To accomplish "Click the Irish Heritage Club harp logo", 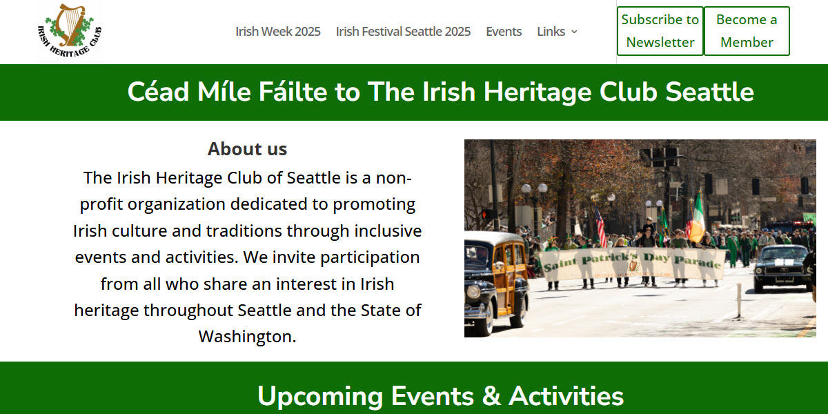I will coord(69,30).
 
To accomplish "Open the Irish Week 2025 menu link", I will coord(277,32).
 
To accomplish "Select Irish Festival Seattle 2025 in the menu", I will coord(403,32).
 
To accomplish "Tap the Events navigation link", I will coord(504,32).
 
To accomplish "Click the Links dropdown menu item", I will coord(557,32).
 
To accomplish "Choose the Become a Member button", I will coord(747,31).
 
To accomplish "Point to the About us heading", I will coord(247,148).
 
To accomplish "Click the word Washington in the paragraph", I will coord(247,337).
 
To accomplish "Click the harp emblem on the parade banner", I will coord(633,264).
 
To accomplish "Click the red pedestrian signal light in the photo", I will coord(484,215).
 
